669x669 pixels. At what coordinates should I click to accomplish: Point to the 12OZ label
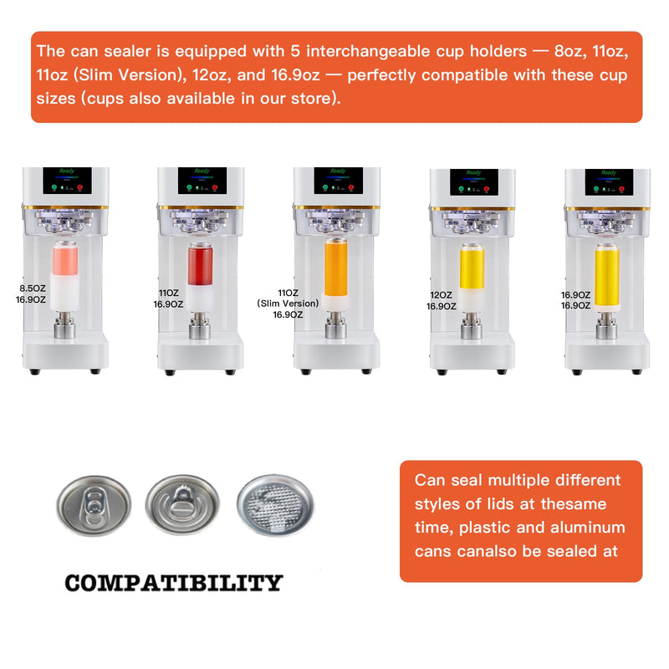pyautogui.click(x=441, y=295)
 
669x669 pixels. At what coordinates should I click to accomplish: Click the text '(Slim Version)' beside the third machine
pyautogui.click(x=287, y=304)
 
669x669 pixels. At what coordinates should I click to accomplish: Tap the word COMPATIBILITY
pyautogui.click(x=174, y=583)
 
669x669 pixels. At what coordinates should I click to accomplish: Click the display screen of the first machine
pyautogui.click(x=65, y=180)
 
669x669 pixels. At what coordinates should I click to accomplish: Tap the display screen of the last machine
pyautogui.click(x=605, y=181)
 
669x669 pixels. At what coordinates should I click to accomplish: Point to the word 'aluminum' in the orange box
pyautogui.click(x=588, y=528)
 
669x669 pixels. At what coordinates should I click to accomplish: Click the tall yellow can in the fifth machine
pyautogui.click(x=607, y=276)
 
